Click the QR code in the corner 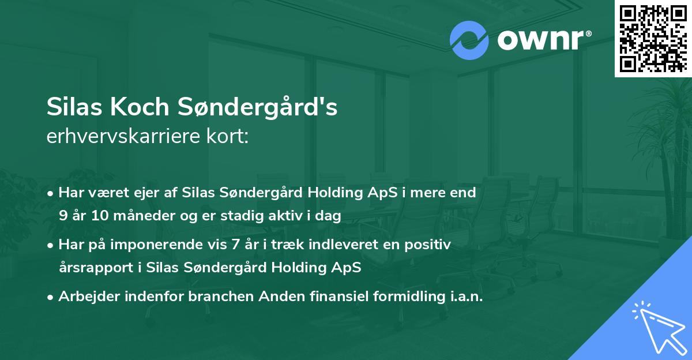(x=653, y=39)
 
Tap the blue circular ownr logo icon (x=469, y=40)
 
